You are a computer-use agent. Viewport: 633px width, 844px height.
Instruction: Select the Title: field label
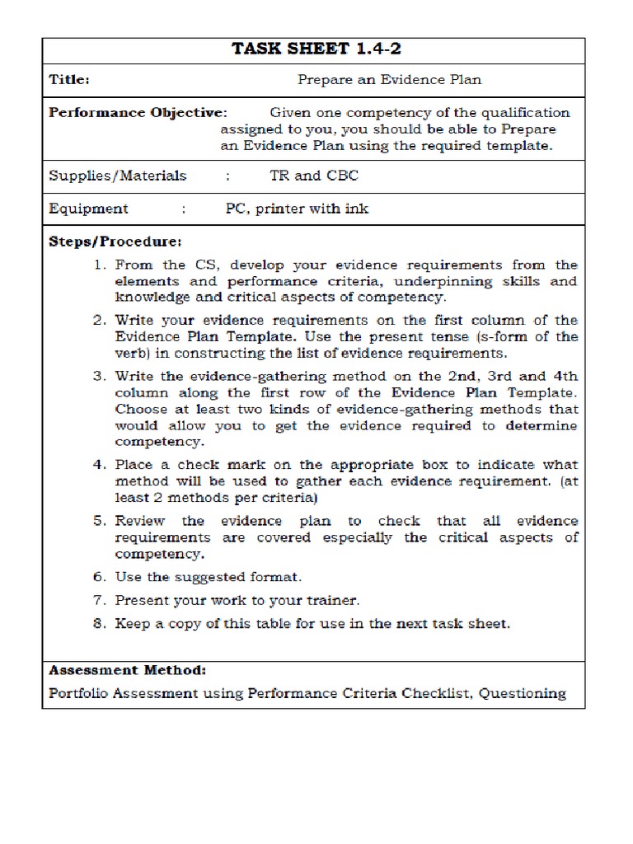[69, 80]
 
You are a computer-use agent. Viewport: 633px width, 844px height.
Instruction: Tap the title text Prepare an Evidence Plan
[389, 80]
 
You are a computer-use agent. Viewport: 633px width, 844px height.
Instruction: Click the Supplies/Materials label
[118, 176]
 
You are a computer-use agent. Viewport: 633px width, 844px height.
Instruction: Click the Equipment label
[88, 209]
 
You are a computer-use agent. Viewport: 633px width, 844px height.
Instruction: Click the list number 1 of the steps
[98, 265]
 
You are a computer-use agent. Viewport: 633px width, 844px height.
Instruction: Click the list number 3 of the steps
[98, 376]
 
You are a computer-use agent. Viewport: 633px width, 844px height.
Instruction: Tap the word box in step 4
[403, 465]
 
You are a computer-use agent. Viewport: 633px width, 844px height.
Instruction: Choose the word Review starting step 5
[140, 521]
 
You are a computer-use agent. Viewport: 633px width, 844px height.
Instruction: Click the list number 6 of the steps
[98, 577]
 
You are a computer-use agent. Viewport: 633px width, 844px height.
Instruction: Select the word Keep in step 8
[132, 624]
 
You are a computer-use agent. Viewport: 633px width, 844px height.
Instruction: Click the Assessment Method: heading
[128, 670]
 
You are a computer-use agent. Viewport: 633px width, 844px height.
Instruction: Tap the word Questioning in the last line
[521, 693]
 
